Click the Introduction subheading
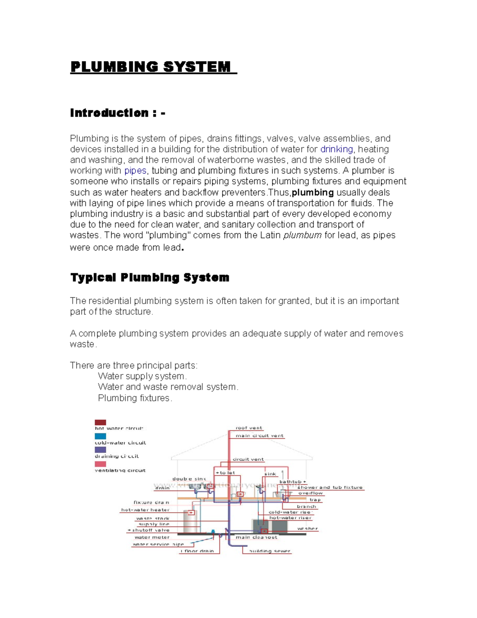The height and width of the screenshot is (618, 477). [x=117, y=113]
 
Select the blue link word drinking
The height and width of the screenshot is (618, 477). [x=336, y=149]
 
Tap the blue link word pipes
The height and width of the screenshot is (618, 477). [x=135, y=171]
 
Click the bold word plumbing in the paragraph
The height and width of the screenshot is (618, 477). [x=312, y=193]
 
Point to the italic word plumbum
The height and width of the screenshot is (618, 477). [x=302, y=235]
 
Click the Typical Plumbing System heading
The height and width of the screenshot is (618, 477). [x=149, y=277]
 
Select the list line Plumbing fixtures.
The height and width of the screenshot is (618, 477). [x=135, y=398]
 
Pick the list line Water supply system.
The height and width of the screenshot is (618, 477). [x=142, y=376]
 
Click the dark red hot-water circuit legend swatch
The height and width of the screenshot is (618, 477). [x=100, y=422]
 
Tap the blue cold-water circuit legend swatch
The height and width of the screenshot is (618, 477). [x=100, y=436]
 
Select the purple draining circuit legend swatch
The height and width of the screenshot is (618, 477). [x=100, y=450]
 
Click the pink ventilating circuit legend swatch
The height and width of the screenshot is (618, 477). [x=100, y=464]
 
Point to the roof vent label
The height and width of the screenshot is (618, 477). [x=249, y=428]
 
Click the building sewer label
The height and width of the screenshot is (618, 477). [x=270, y=551]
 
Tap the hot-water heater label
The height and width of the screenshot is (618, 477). [x=145, y=510]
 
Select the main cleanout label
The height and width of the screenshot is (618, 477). [x=256, y=537]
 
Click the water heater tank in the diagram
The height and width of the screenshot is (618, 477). [x=190, y=521]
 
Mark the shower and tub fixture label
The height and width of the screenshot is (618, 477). [x=330, y=487]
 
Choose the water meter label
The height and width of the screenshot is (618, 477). [x=152, y=537]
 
